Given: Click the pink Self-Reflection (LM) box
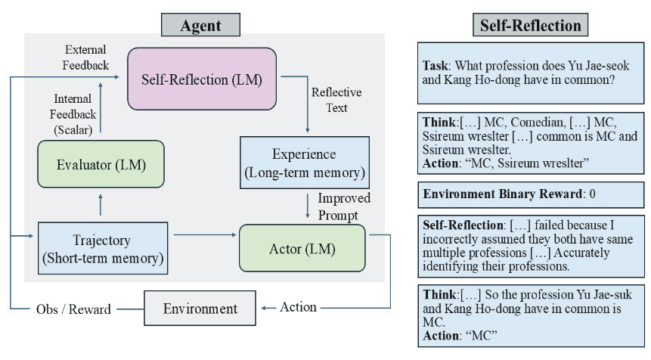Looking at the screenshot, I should tap(202, 79).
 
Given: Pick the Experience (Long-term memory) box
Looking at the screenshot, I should tap(304, 163).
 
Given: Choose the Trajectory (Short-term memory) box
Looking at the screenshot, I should tap(102, 247).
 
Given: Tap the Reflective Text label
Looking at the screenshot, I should tap(336, 100).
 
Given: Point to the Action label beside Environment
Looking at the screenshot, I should tap(298, 308).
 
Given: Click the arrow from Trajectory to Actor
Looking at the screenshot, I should tap(204, 236).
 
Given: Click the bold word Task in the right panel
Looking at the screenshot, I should tap(438, 66).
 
